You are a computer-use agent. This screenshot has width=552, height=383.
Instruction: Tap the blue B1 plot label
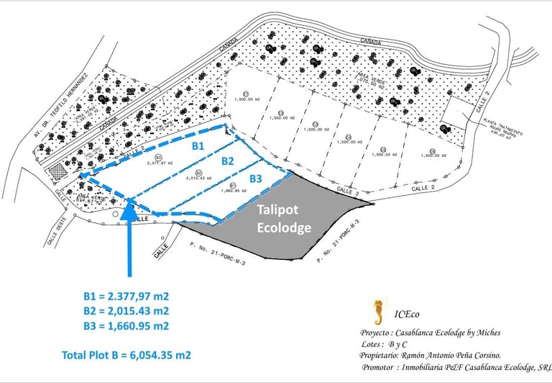[197, 145]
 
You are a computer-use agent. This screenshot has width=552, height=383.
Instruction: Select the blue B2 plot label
[228, 161]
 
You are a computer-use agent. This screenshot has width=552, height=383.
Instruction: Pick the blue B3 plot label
[257, 178]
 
